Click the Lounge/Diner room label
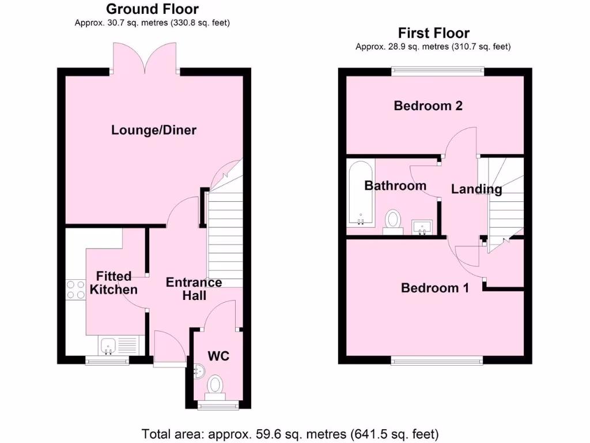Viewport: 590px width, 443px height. [154, 130]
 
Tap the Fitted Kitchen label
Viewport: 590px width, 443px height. [114, 283]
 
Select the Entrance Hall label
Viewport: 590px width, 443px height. [194, 288]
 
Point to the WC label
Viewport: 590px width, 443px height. [219, 356]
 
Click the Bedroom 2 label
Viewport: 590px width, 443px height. [428, 106]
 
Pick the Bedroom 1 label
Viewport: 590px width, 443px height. [435, 287]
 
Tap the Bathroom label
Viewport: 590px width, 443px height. [395, 185]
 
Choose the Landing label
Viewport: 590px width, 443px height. [476, 189]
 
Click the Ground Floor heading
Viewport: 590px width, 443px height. [153, 9]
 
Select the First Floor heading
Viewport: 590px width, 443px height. [433, 33]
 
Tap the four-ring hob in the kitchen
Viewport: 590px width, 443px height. [75, 289]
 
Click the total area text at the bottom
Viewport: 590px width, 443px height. [290, 433]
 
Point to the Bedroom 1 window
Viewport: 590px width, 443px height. [436, 361]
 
